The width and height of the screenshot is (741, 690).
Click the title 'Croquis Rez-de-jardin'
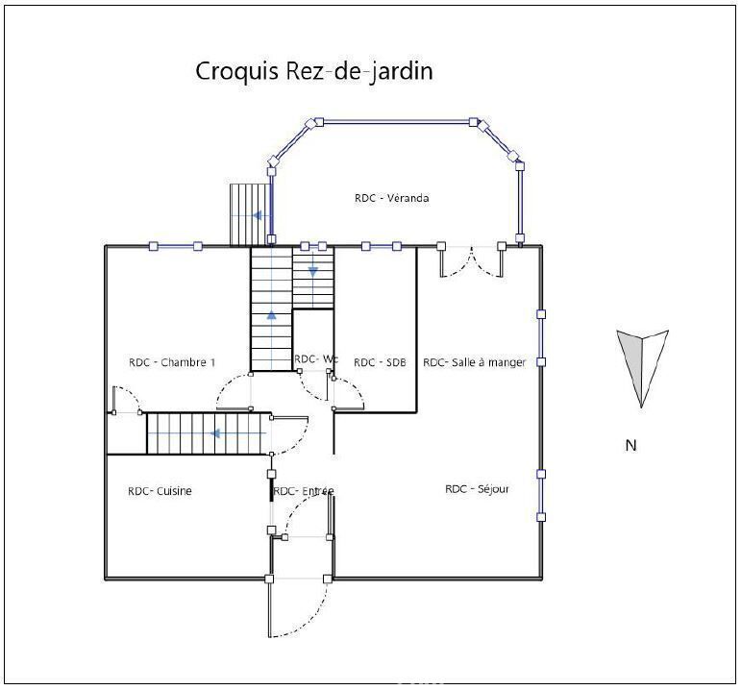tap(314, 72)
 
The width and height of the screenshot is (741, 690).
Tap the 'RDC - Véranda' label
tap(392, 198)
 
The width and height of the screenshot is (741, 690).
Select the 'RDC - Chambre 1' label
tap(172, 362)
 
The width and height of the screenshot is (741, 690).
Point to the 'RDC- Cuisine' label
tap(160, 491)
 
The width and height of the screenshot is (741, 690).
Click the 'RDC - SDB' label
tap(380, 362)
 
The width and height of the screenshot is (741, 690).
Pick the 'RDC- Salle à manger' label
tap(475, 362)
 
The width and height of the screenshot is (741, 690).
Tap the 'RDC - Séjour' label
tap(477, 489)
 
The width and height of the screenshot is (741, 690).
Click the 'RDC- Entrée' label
tap(304, 491)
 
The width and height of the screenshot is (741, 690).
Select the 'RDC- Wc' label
tap(316, 359)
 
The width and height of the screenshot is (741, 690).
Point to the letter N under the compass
tap(630, 445)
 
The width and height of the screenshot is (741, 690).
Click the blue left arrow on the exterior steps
tap(257, 215)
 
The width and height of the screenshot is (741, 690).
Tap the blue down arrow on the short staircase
tap(313, 272)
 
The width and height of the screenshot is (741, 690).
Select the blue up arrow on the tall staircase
tap(271, 315)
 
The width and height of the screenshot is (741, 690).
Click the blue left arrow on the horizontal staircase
tap(216, 432)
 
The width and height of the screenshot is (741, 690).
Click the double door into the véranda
tap(471, 260)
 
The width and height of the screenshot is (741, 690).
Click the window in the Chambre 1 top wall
tap(175, 246)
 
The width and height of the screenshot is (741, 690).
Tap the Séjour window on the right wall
tap(541, 495)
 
